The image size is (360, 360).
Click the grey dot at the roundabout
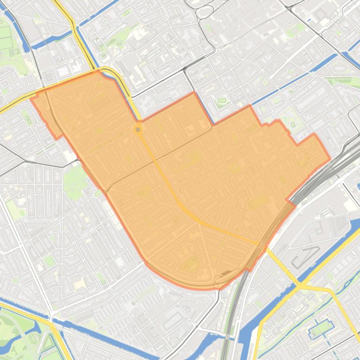pos(138,129)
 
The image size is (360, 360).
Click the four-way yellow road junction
pos(302,285)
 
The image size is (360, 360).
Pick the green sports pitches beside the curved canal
pos(6,35)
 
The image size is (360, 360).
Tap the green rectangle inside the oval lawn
pos(222,100)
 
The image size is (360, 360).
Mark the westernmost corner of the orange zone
pos(31,98)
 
